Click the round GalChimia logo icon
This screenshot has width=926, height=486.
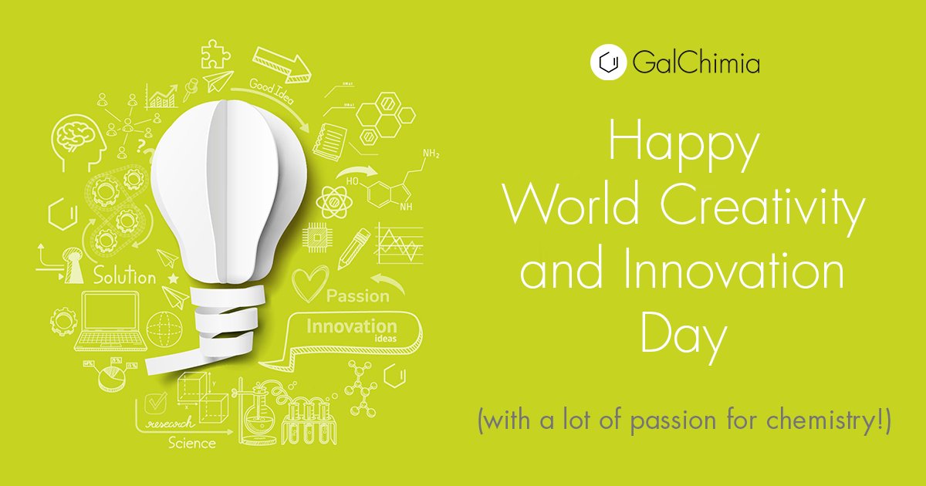(607, 62)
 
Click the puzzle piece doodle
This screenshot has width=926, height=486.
(215, 54)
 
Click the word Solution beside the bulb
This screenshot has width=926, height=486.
(124, 276)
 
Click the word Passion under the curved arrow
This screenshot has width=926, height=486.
(357, 296)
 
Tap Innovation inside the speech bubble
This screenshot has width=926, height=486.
(351, 326)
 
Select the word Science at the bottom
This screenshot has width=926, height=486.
(192, 443)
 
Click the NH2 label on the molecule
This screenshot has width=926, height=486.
(431, 155)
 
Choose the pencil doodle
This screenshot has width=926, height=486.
(353, 246)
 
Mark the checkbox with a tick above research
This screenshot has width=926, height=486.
(157, 403)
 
